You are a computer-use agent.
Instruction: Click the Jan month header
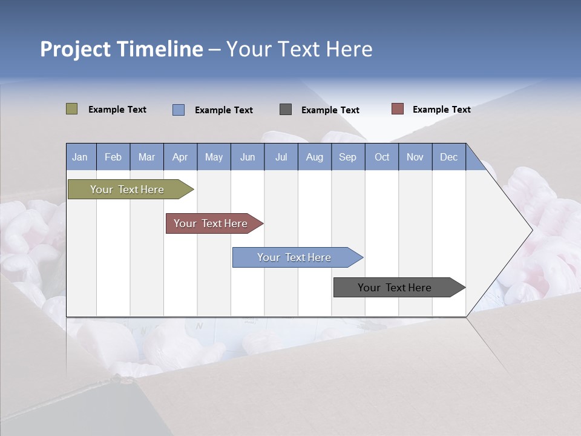pos(80,157)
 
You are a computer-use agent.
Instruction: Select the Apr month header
pos(180,157)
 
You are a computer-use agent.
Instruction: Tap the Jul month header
pos(281,157)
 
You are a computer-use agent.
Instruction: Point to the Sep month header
pos(347,157)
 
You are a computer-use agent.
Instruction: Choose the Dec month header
pos(448,157)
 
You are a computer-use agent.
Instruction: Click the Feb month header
pos(113,157)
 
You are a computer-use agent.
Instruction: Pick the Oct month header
pos(382,157)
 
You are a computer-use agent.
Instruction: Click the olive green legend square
pos(71,109)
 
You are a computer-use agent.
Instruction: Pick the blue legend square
pos(178,110)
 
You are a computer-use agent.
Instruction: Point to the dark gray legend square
pos(286,109)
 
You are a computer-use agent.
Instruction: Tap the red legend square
pos(397,109)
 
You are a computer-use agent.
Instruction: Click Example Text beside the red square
pos(441,109)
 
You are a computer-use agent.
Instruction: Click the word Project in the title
pos(76,48)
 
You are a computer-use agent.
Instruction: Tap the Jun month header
pos(247,157)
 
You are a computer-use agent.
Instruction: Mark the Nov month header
pos(415,157)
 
